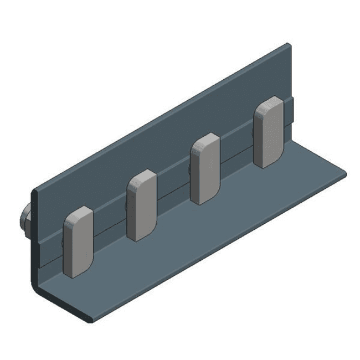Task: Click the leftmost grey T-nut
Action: pos(78,241)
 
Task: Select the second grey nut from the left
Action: pos(142,205)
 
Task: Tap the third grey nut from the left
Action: pos(205,168)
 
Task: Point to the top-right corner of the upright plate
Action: pos(287,45)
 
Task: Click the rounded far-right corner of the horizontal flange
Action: pos(344,173)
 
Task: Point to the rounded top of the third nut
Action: pos(205,138)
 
